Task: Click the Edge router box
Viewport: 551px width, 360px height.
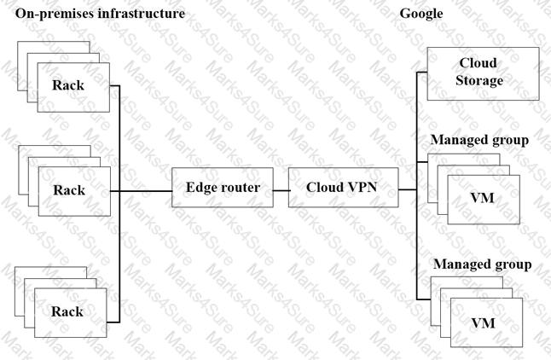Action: [223, 187]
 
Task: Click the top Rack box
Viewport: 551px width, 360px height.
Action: [71, 86]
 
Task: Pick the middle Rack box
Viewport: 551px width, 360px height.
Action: [71, 189]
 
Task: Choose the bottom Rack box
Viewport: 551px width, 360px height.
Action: [71, 312]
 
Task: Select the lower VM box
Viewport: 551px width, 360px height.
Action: [484, 323]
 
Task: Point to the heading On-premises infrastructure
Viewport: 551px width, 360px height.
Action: [100, 15]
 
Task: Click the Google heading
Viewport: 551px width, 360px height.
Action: [420, 15]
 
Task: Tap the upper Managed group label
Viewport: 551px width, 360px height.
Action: [479, 139]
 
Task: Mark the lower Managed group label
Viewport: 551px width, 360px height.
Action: [482, 264]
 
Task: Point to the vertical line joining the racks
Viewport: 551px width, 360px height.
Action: [119, 247]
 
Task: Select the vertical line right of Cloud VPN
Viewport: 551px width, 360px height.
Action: [415, 239]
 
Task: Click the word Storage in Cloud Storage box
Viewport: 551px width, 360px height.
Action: [478, 81]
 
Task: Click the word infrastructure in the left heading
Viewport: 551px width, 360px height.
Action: [143, 15]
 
